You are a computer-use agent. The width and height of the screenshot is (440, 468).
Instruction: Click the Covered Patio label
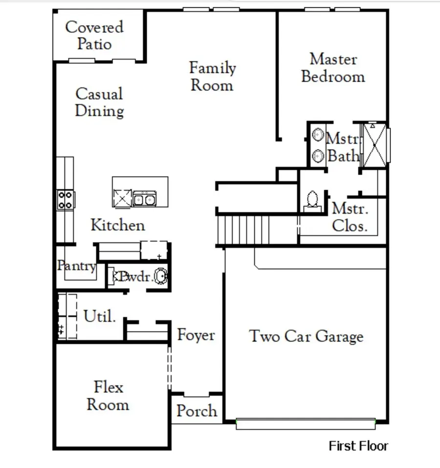coord(95,35)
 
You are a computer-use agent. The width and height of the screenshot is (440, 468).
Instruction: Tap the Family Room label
coord(212,76)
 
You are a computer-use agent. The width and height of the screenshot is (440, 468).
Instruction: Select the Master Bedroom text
coord(333,68)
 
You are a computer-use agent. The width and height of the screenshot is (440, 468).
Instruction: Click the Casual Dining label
coord(99,102)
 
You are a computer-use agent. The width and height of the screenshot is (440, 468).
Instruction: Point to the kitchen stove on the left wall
coord(65,200)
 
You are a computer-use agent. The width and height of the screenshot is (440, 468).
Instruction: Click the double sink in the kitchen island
coord(145,199)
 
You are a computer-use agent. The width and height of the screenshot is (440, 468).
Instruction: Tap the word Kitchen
coord(118,225)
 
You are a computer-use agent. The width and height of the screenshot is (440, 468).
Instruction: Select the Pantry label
coord(76,266)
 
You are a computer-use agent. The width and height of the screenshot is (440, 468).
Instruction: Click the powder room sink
coord(160,277)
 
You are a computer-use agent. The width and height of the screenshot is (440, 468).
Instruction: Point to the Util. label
coord(100,316)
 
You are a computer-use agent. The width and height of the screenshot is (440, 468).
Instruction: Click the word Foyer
coord(196,335)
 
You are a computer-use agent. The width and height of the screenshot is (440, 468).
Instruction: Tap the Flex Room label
coord(108,396)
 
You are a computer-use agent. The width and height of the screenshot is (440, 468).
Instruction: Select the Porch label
coord(197,411)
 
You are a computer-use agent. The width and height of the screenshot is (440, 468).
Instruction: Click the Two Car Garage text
coord(307,336)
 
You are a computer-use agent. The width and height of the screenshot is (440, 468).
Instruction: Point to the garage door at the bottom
coord(306,424)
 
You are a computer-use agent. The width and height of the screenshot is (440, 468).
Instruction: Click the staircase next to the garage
coord(243,230)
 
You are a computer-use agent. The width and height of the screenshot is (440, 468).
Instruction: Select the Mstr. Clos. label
coord(350,218)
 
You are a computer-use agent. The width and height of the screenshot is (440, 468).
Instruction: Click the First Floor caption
coord(358,446)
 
